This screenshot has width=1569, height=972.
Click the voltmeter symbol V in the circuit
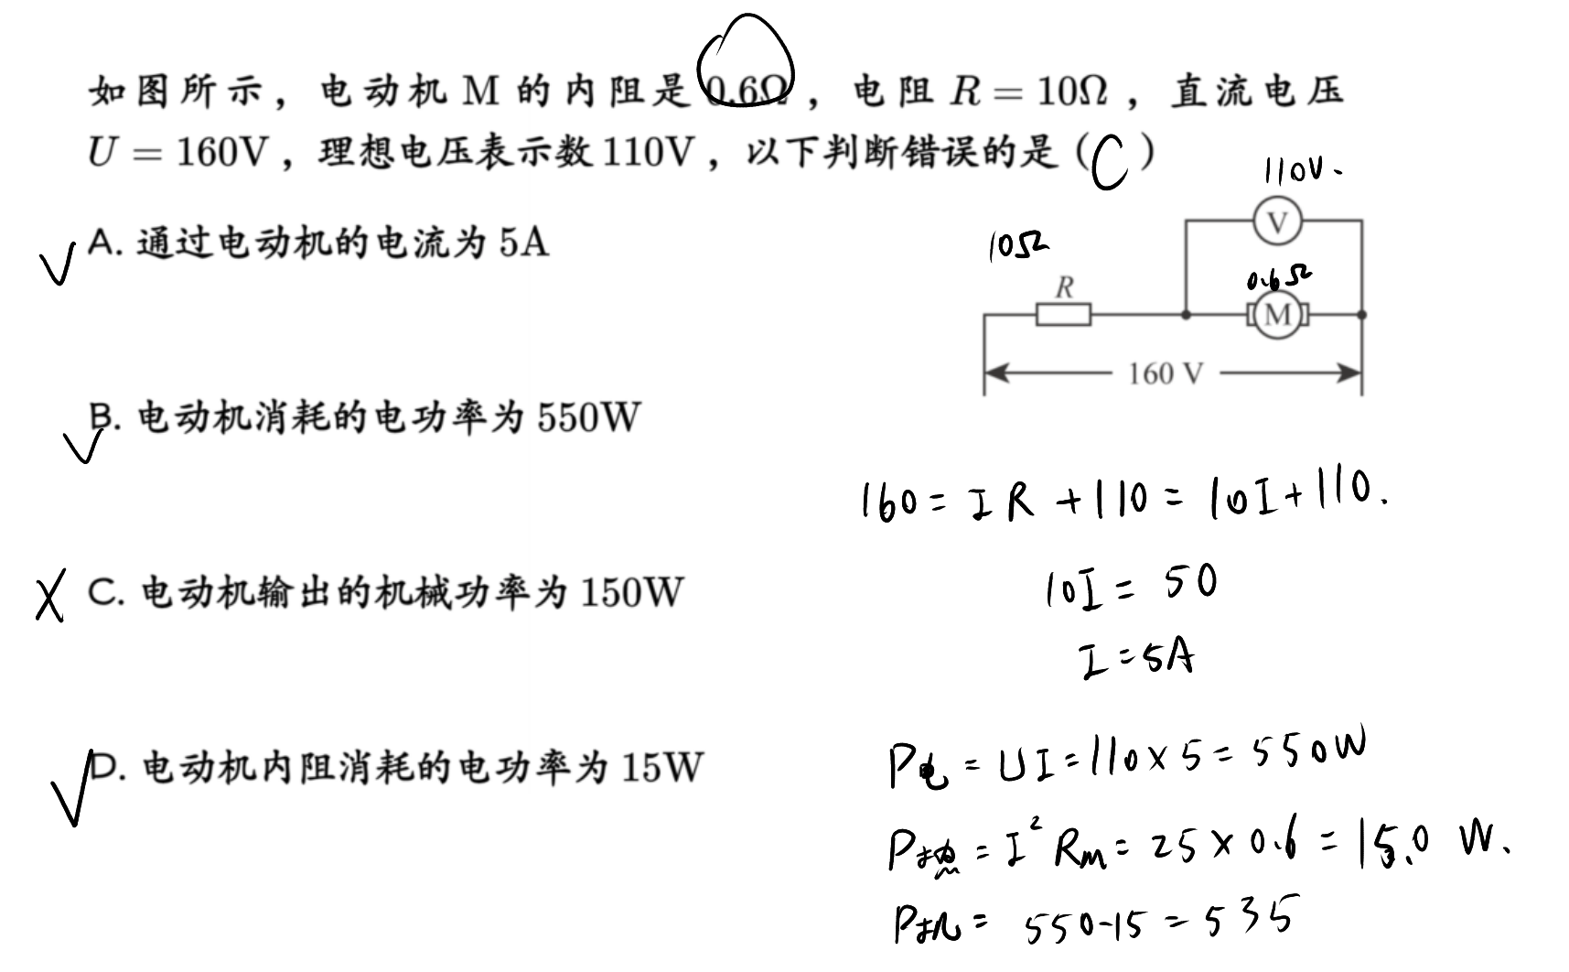[x=1277, y=221]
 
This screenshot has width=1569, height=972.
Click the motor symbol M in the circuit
[x=1277, y=315]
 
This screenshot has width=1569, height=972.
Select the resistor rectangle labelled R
[x=1063, y=315]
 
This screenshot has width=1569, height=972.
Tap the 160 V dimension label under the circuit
[x=1166, y=373]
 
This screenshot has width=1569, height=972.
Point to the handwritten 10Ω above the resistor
[x=1017, y=246]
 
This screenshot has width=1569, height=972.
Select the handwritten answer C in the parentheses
[x=1110, y=162]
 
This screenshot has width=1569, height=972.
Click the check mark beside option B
[x=84, y=445]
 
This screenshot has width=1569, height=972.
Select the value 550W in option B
[x=588, y=417]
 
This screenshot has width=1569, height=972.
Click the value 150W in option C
[x=631, y=592]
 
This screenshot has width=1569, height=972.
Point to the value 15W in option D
[x=661, y=767]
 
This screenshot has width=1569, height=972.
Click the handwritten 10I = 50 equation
[x=1132, y=586]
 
